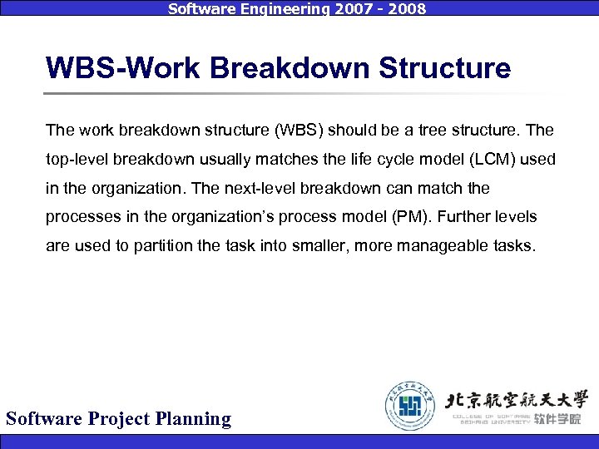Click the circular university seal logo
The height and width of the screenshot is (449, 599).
(410, 406)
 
